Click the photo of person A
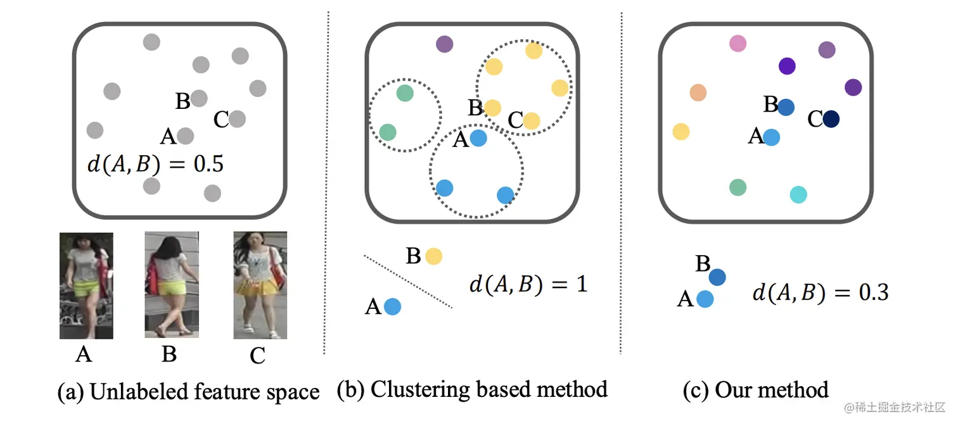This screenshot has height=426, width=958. [86, 285]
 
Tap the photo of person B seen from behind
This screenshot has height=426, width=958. [172, 284]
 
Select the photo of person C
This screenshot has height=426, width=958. [260, 285]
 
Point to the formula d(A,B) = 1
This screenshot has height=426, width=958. [528, 284]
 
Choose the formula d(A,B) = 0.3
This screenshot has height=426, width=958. [820, 292]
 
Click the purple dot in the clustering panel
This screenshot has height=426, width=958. [445, 44]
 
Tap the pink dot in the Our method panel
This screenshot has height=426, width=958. [738, 44]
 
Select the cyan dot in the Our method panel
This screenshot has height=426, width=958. [798, 194]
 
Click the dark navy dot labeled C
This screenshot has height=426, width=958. [831, 118]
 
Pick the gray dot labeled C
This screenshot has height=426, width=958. [237, 118]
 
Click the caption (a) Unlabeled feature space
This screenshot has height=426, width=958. [188, 392]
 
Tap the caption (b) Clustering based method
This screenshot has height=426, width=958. [472, 389]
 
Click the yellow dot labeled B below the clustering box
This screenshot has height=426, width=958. [433, 256]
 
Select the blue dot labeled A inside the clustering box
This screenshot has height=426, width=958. [478, 138]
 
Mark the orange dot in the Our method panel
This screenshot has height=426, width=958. [698, 92]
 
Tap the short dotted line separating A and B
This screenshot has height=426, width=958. [408, 282]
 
